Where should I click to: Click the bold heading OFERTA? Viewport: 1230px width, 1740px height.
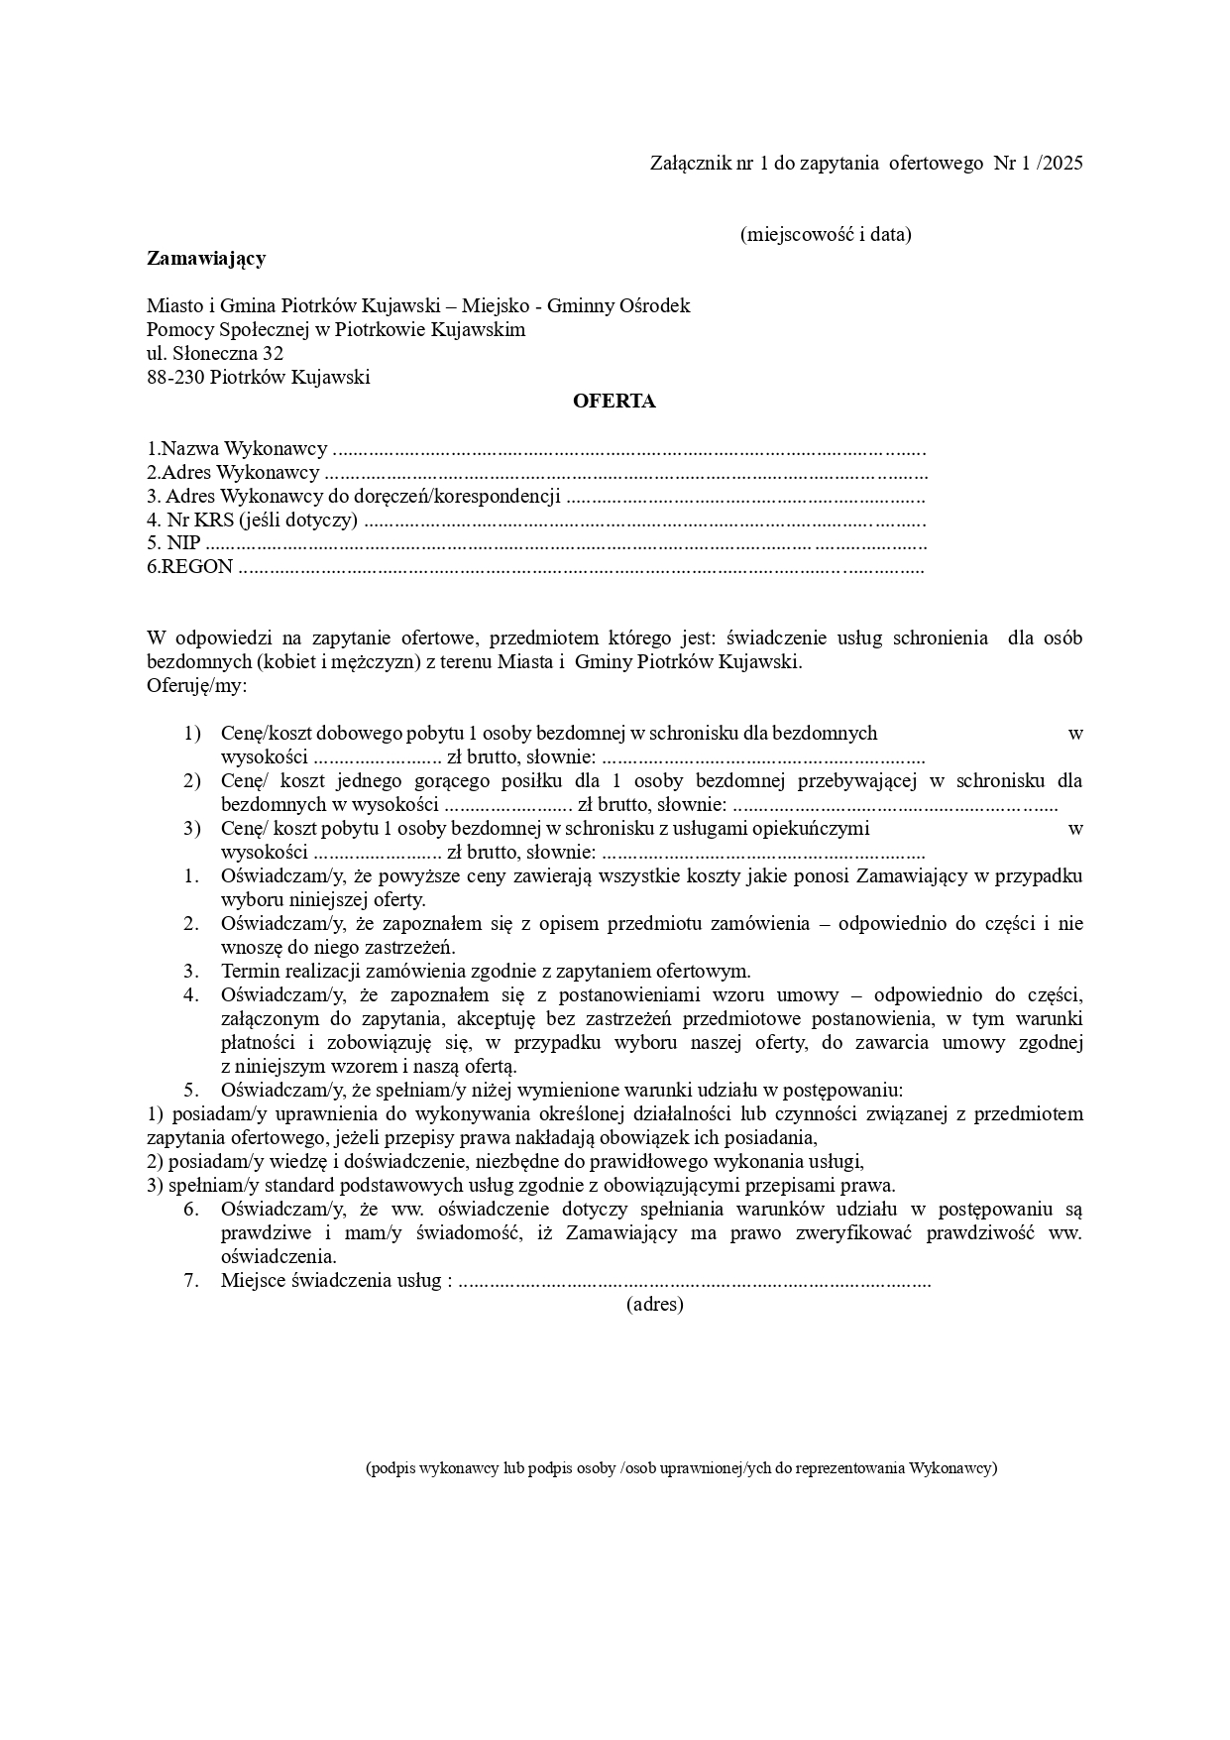614,402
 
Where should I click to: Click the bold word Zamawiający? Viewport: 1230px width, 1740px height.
206,259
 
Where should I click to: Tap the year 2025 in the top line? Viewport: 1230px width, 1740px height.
1062,164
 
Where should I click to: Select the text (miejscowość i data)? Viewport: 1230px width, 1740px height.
825,235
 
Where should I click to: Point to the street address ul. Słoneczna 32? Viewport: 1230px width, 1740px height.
215,354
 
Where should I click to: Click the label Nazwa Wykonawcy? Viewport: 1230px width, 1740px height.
244,449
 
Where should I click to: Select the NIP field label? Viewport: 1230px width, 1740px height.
183,543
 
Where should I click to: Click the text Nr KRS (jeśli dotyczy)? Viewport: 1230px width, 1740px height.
261,521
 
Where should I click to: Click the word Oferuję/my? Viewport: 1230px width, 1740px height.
197,686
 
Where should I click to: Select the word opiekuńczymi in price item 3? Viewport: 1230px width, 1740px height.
811,829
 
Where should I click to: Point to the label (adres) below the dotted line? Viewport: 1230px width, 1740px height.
654,1305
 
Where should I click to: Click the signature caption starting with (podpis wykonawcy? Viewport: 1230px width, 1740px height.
681,1468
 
